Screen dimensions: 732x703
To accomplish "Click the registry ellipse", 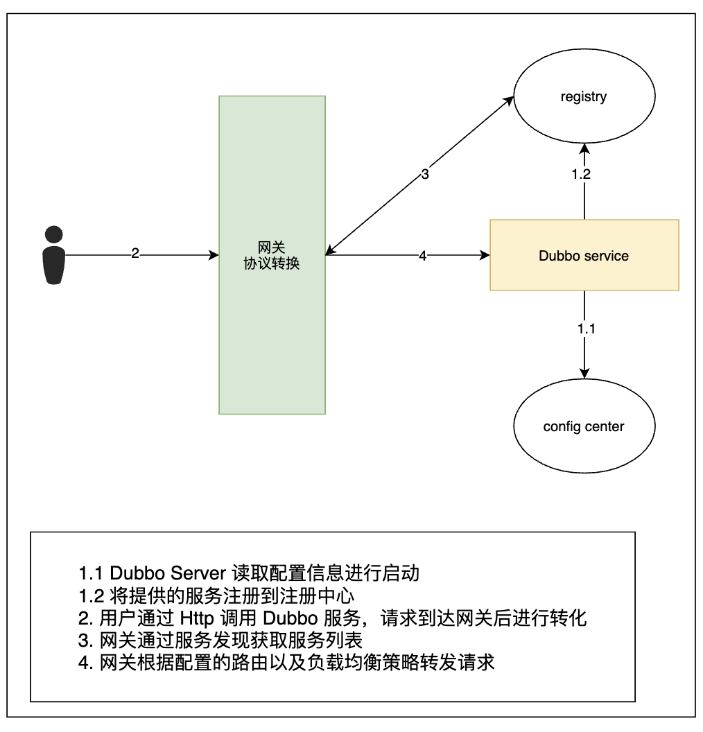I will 584,97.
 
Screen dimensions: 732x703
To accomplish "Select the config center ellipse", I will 584,426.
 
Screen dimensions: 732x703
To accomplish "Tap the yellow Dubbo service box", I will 584,255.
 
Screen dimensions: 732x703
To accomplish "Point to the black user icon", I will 53,255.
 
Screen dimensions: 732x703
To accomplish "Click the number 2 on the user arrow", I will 135,254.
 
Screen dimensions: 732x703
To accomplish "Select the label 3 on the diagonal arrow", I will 425,174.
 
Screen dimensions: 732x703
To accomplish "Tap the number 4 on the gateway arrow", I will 422,255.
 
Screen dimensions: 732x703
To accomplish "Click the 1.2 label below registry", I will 581,174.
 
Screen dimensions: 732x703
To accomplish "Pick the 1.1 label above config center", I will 587,329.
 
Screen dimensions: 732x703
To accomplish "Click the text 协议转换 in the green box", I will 272,263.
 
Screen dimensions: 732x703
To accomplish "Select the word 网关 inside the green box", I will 272,247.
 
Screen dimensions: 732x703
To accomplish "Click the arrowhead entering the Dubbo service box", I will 485,255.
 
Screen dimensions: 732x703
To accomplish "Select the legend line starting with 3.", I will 220,640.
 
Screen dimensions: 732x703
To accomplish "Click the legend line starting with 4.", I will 286,662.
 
